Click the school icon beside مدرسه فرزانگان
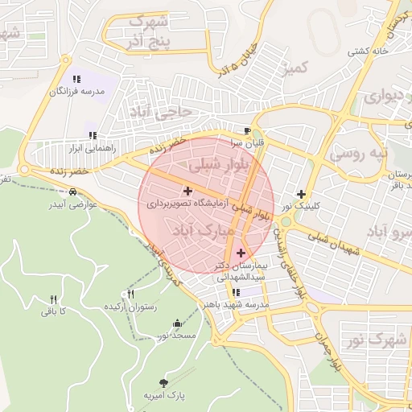(x=76, y=79)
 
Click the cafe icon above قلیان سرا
(x=247, y=130)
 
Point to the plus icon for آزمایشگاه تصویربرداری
(x=187, y=192)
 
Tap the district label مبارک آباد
(x=204, y=232)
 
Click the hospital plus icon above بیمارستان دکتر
(x=240, y=253)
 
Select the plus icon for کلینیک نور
(x=301, y=194)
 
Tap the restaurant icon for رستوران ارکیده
(x=131, y=295)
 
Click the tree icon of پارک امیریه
(x=164, y=384)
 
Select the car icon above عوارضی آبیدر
(x=73, y=192)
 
